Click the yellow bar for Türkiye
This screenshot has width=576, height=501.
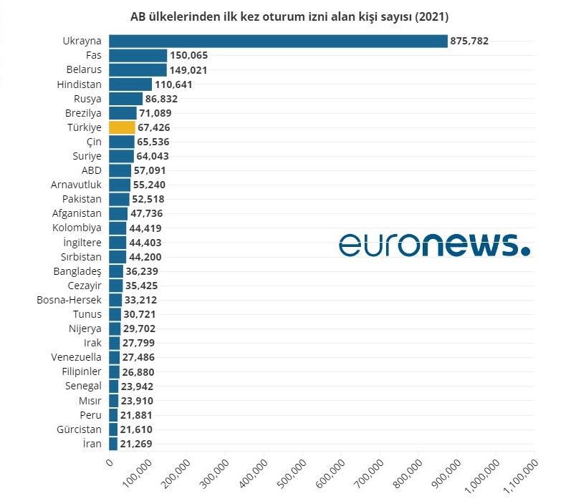point(121,127)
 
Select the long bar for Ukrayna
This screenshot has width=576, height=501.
point(278,41)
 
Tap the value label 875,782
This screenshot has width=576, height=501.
point(469,42)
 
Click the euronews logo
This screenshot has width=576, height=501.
point(434,244)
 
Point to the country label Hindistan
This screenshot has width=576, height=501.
point(79,84)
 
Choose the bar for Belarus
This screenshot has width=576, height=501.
point(138,70)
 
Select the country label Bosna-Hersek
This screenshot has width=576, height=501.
point(69,300)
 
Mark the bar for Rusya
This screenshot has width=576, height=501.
point(125,99)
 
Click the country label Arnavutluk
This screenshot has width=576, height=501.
point(76,185)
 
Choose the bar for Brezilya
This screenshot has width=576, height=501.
point(123,113)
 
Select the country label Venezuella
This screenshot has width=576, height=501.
point(76,357)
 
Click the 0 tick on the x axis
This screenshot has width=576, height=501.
point(110,464)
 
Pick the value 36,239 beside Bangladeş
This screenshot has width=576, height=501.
point(141,271)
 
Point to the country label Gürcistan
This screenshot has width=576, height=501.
point(79,429)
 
